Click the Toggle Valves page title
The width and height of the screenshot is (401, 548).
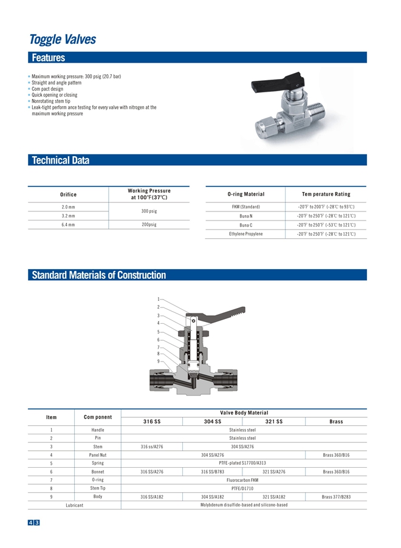(x=63, y=39)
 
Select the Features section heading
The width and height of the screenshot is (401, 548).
(x=48, y=58)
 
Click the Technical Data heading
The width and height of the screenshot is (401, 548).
(x=60, y=160)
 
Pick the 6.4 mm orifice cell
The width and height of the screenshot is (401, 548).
(x=68, y=225)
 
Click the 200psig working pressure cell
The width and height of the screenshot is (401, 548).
(x=149, y=225)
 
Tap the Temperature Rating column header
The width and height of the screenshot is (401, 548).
(x=326, y=194)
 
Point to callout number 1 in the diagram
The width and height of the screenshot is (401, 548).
(x=158, y=299)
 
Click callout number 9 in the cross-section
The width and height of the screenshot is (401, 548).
(x=158, y=362)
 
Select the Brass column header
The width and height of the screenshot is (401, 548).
(x=336, y=422)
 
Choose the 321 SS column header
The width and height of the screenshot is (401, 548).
(x=274, y=422)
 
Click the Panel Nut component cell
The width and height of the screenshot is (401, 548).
(x=98, y=455)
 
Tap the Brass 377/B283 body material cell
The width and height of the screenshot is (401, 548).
(x=336, y=497)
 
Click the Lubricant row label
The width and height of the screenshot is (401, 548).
(x=74, y=505)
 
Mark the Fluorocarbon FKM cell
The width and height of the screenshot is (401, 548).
(x=242, y=480)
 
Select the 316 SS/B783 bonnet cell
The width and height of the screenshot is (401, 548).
(x=213, y=471)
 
